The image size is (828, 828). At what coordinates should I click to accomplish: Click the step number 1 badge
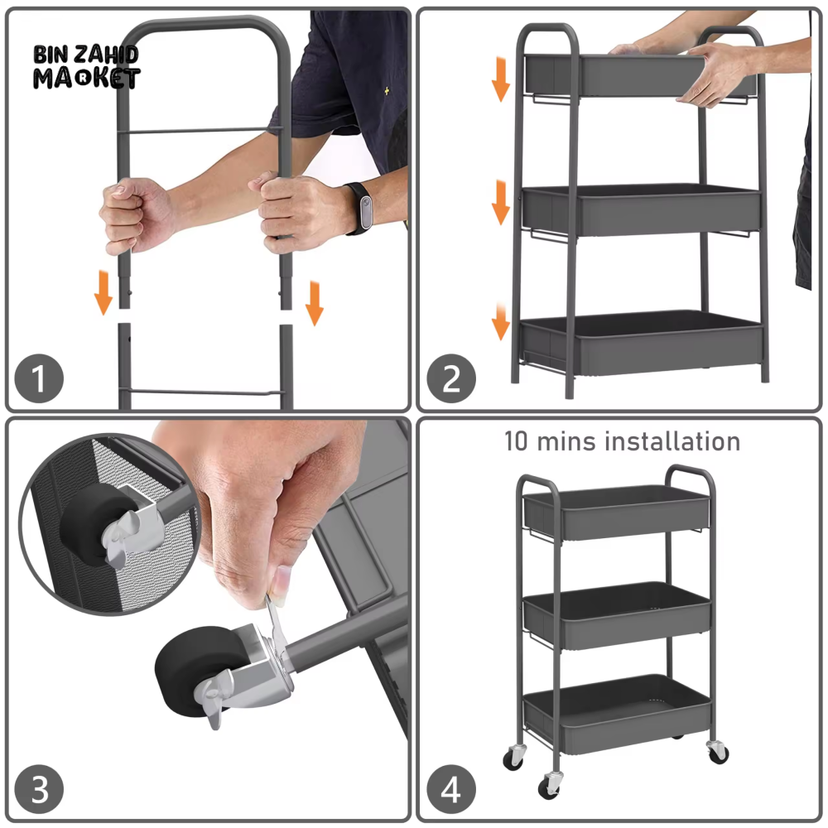tap(39, 378)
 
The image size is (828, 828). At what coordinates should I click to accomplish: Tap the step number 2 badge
tap(451, 378)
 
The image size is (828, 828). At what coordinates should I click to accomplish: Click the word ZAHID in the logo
tap(106, 55)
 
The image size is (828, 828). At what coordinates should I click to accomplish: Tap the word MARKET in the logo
tap(87, 78)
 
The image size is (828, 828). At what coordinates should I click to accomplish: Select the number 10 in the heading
tap(516, 441)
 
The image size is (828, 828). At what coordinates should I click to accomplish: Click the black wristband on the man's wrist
tap(360, 208)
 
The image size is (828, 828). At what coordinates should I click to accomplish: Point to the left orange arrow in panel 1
tap(103, 294)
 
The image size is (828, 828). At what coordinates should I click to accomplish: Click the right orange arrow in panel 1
tap(314, 304)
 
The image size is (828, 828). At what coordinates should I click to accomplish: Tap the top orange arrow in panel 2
tap(501, 79)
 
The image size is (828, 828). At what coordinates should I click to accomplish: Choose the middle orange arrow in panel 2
tap(501, 203)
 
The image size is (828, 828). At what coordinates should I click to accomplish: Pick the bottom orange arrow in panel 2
tap(501, 321)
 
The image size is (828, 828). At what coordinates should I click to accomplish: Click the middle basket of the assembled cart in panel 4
tap(618, 614)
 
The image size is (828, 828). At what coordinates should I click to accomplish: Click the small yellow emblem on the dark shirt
tap(387, 91)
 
